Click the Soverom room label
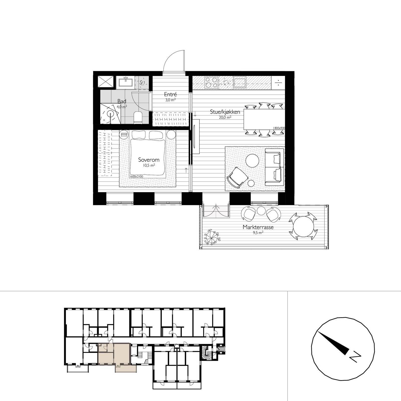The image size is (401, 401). point(149,160)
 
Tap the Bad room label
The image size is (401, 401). point(122,101)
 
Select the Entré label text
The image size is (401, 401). point(170,94)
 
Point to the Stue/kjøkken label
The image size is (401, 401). point(225,112)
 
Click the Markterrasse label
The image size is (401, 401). point(258,227)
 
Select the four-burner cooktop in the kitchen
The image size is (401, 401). point(211,82)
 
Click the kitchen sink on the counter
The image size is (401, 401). point(240,83)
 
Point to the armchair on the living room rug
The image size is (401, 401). point(237,177)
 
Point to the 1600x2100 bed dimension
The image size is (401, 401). point(136,176)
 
